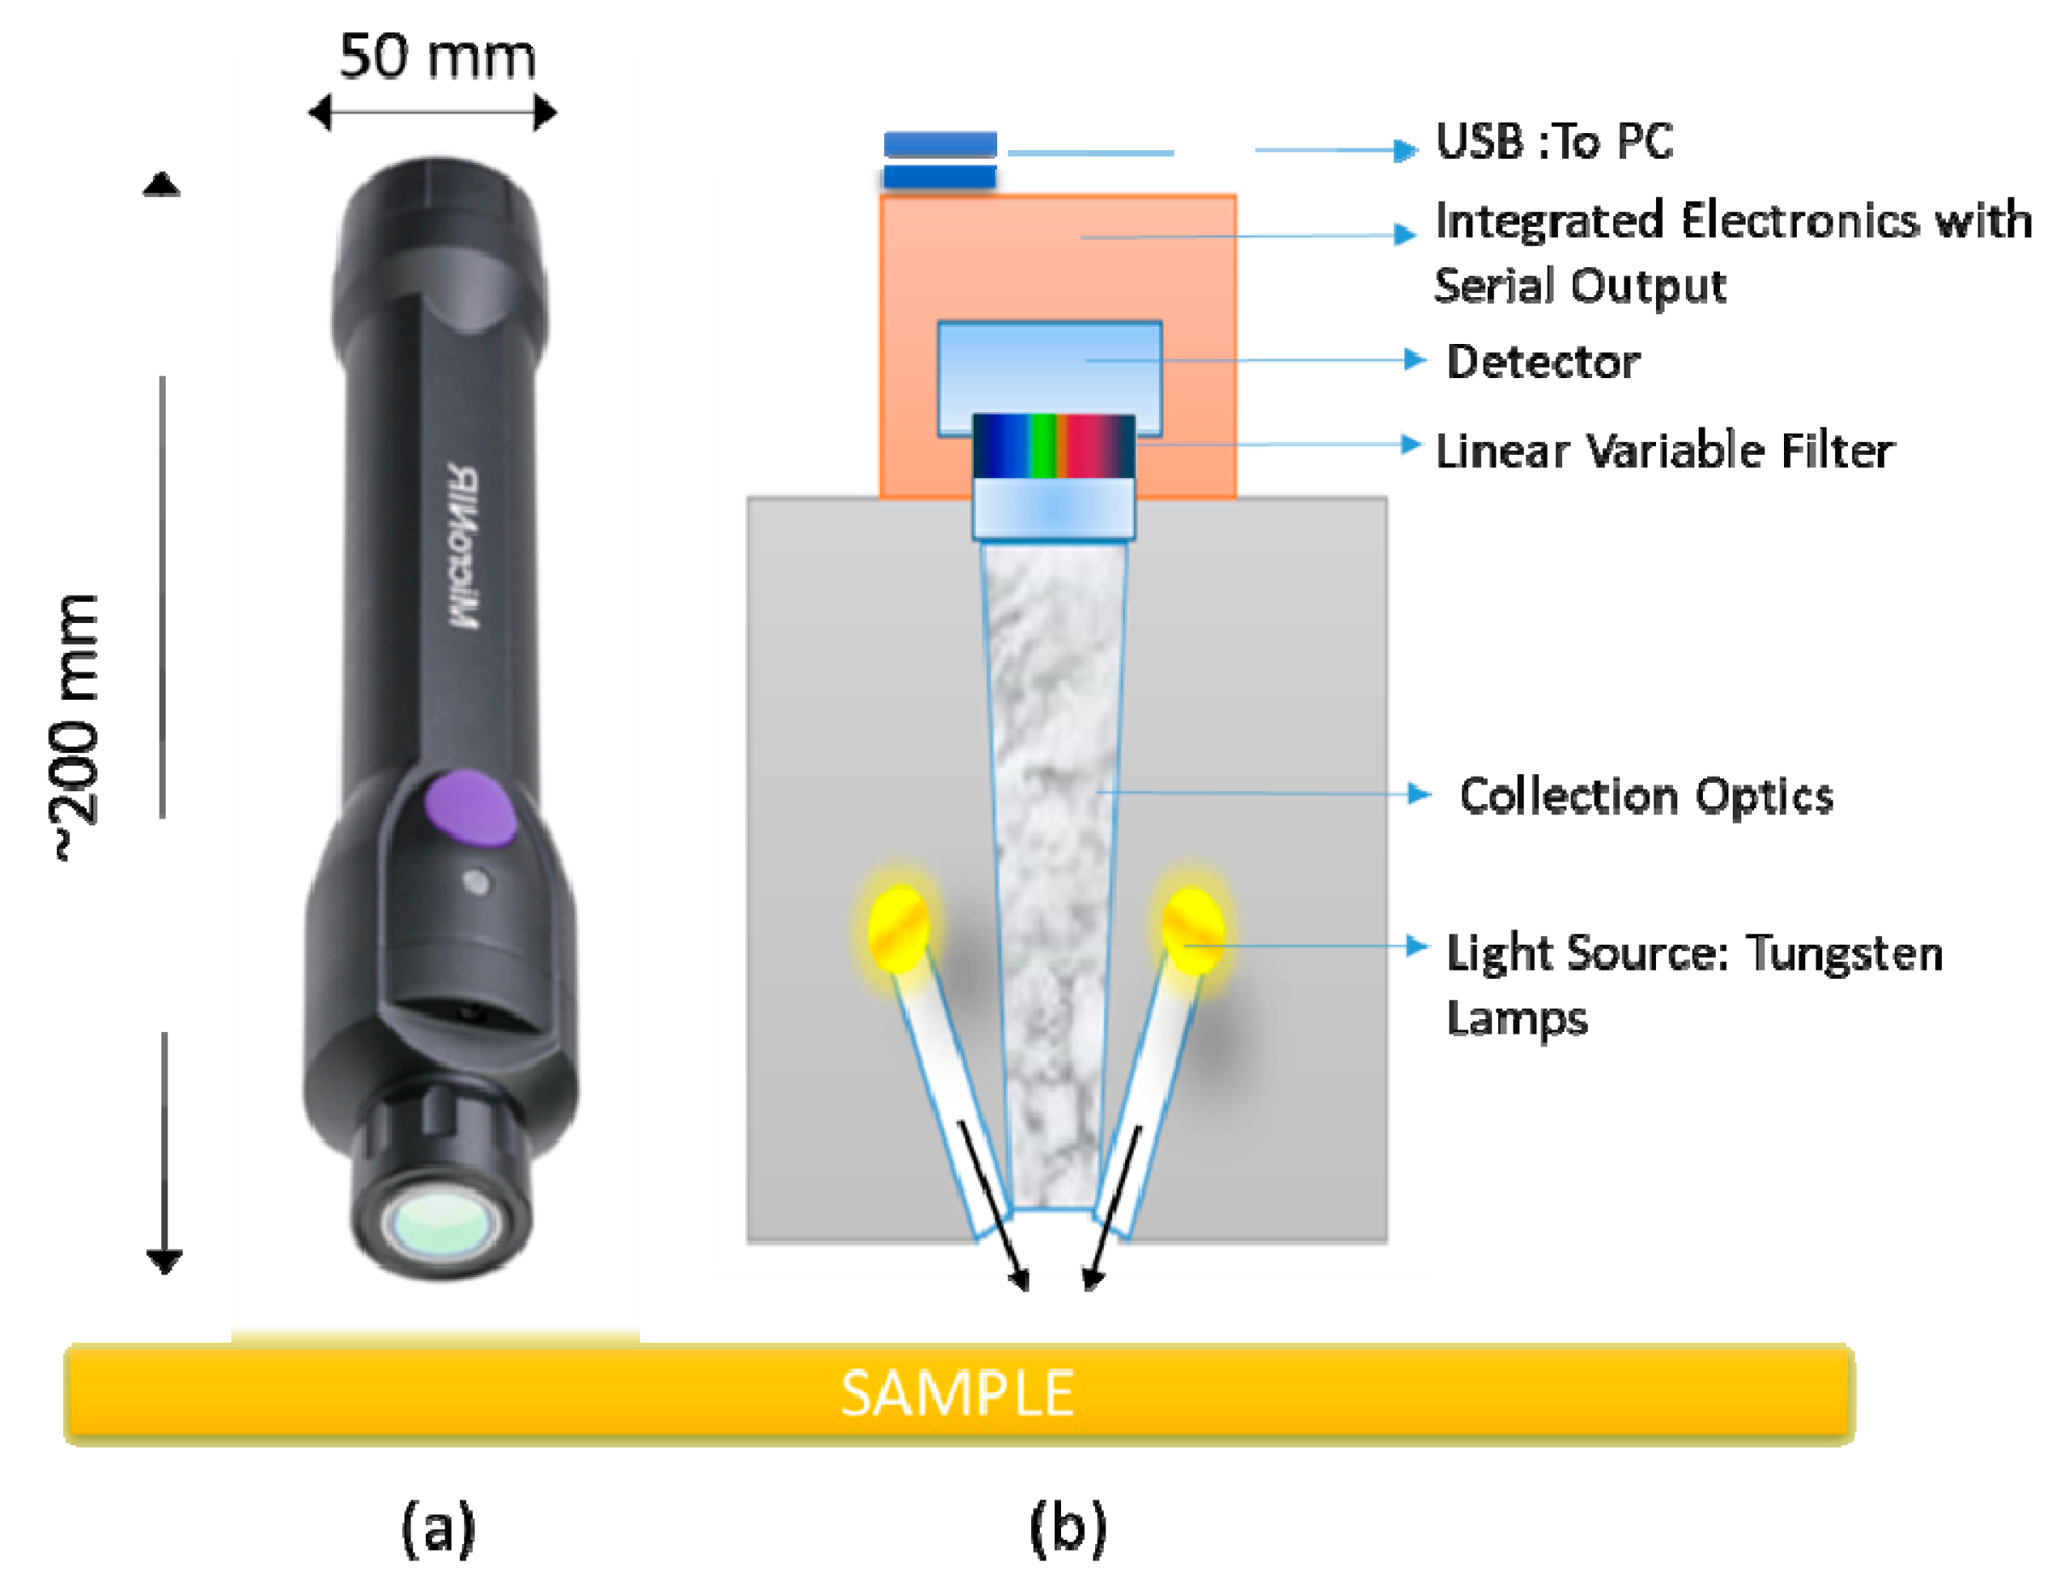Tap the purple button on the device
469,807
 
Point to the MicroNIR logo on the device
463,545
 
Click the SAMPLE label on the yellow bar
956,1394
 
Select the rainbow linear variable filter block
1053,446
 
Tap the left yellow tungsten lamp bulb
898,929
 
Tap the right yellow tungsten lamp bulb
1192,931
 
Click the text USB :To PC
1554,143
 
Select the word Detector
1542,362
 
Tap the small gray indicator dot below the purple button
478,883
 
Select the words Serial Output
1580,286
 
